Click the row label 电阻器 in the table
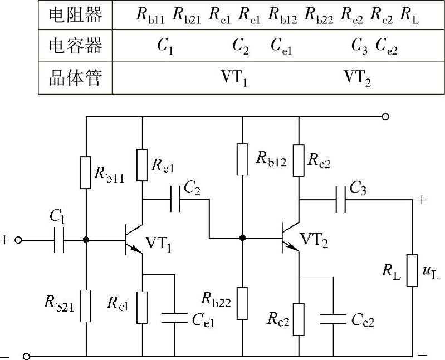(75, 15)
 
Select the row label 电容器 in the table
(75, 46)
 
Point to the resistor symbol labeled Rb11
(86, 172)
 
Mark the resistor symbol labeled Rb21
(86, 305)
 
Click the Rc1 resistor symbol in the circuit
(143, 165)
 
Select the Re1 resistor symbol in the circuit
(143, 307)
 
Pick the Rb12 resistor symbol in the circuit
(242, 159)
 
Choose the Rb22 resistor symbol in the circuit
(242, 303)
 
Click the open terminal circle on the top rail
(384, 117)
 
